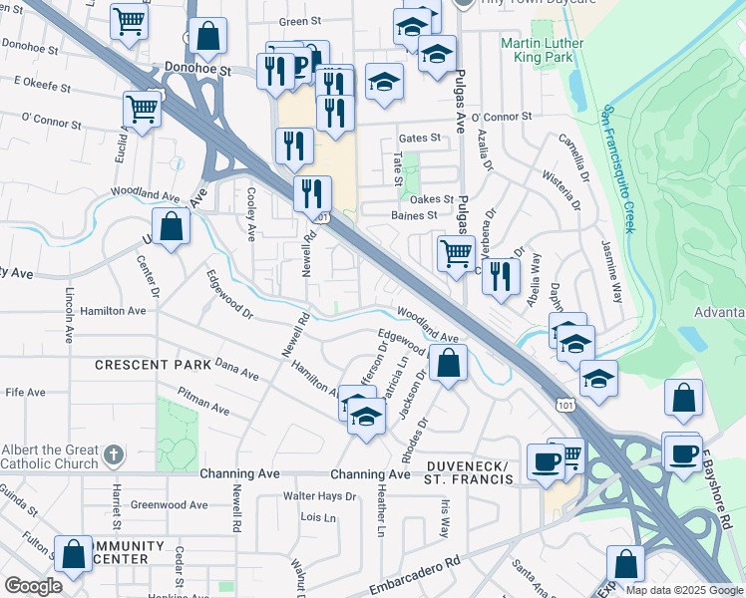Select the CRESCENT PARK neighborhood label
[153, 365]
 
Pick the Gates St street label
[419, 138]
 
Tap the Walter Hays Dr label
[319, 495]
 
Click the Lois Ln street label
[318, 517]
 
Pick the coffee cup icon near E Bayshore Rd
[683, 453]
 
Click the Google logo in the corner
[33, 586]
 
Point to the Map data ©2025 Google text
[683, 590]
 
